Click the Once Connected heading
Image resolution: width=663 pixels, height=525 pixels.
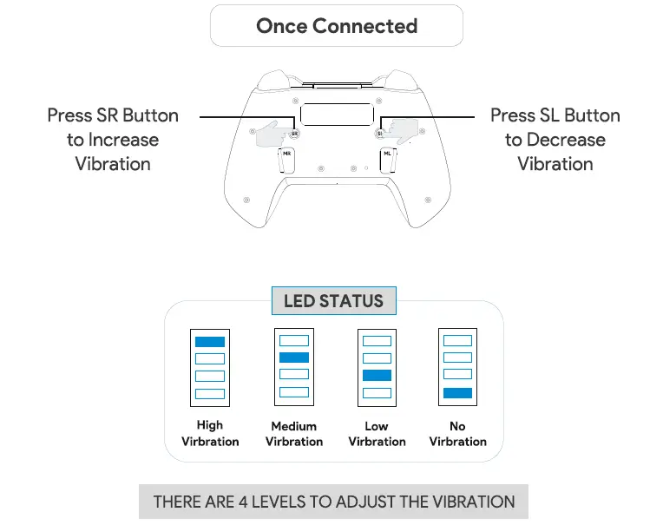point(337,26)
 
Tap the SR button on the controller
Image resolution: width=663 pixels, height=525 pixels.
point(294,134)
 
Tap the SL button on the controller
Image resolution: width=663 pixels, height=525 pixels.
point(379,134)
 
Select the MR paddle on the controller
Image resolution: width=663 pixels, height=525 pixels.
point(287,161)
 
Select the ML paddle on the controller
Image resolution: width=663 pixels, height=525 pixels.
point(387,161)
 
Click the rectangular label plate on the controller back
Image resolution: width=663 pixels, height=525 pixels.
point(337,115)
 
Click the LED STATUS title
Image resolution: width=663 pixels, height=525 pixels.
point(333,302)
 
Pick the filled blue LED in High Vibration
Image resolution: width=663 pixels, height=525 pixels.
point(210,342)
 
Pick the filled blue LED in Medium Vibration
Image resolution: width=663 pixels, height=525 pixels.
point(294,358)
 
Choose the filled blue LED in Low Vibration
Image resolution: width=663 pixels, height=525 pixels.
point(377,375)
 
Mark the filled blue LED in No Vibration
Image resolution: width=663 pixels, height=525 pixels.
point(457,393)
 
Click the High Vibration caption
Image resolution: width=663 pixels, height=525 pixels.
point(210,433)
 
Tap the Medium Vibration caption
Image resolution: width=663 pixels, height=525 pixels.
point(294,434)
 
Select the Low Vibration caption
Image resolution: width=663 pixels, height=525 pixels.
point(377,434)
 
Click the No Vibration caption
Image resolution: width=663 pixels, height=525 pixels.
point(457,434)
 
